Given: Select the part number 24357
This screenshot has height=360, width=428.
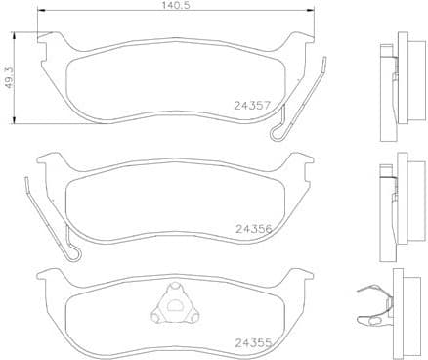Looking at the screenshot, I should coord(253,103).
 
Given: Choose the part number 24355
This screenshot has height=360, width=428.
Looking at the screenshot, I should coord(253,342).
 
